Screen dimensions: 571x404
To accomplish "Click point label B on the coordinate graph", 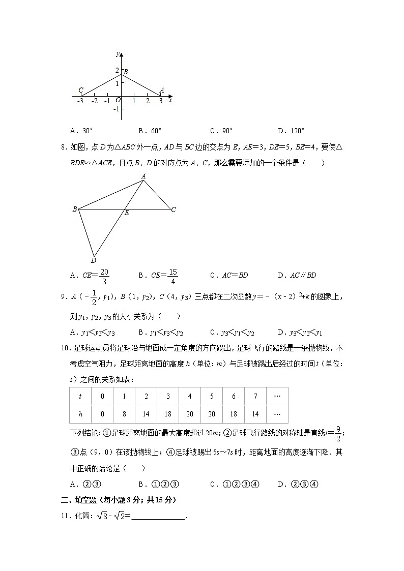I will (126, 72).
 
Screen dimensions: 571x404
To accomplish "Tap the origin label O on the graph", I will (118, 101).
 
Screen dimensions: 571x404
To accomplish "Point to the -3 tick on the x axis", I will (80, 101).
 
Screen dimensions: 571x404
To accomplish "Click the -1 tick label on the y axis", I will (117, 109).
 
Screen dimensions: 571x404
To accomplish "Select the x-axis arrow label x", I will (170, 101).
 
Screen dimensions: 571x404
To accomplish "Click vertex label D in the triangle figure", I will (93, 261).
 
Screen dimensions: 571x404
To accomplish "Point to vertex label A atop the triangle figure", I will (143, 176).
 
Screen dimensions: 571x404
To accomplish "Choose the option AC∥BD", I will (297, 276).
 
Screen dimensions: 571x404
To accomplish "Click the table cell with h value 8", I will (124, 414).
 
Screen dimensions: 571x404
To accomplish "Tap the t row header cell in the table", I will (80, 397).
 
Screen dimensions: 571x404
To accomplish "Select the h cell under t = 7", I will (255, 414).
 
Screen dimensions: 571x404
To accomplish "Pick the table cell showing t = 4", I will (189, 397).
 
